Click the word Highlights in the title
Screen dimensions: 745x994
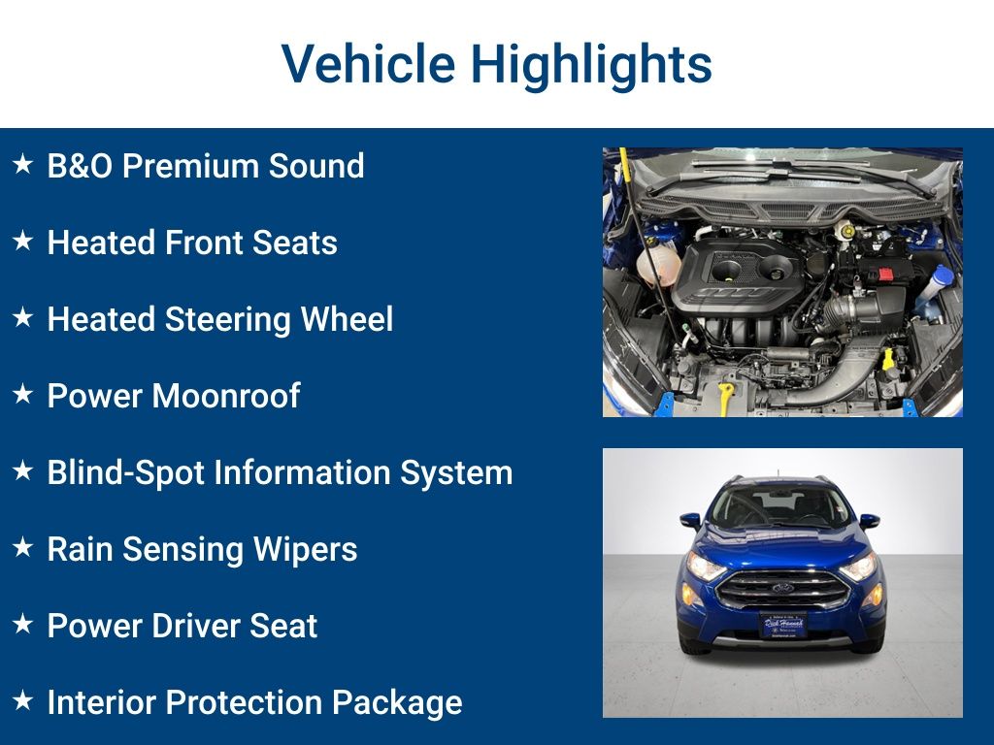[591, 65]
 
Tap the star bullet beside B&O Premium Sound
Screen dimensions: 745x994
[22, 165]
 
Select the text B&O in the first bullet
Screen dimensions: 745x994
[80, 166]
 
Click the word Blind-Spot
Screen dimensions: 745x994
[125, 472]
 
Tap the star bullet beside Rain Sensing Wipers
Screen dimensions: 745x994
[22, 548]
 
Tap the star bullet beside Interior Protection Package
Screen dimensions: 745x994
[22, 701]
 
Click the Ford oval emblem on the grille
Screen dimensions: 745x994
[782, 588]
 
